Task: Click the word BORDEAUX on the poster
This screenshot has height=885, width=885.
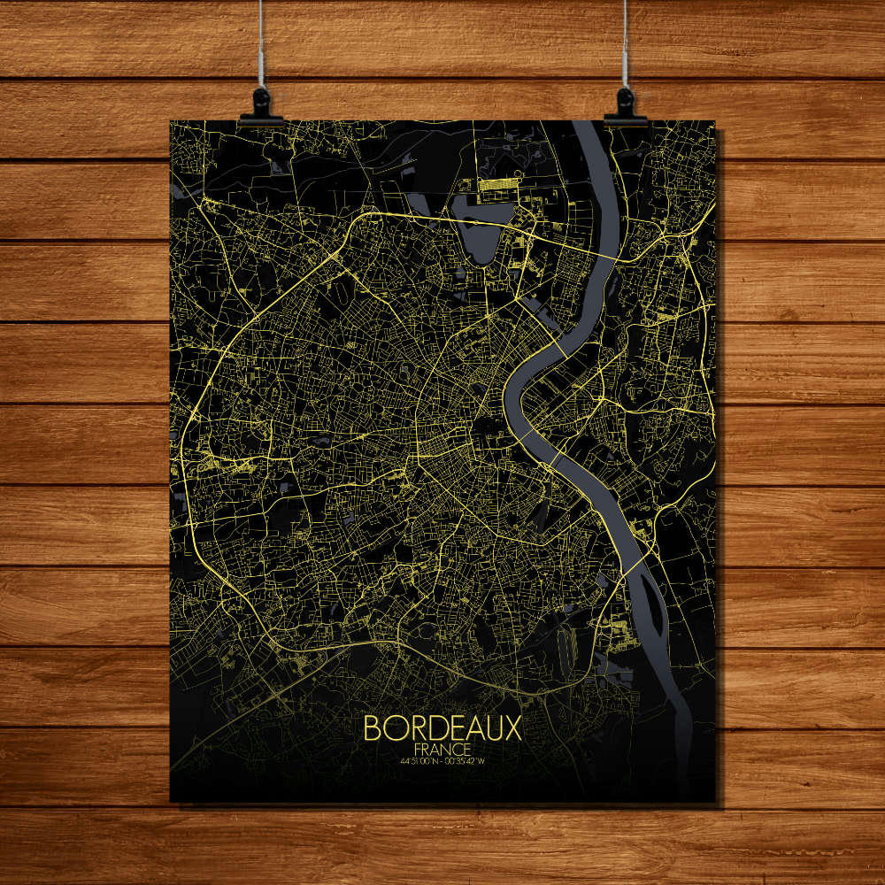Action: click(x=442, y=728)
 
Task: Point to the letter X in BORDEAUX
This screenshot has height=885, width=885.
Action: click(x=512, y=728)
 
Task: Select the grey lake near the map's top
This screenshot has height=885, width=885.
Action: click(x=479, y=226)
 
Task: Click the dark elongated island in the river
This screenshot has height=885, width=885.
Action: click(x=653, y=611)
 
